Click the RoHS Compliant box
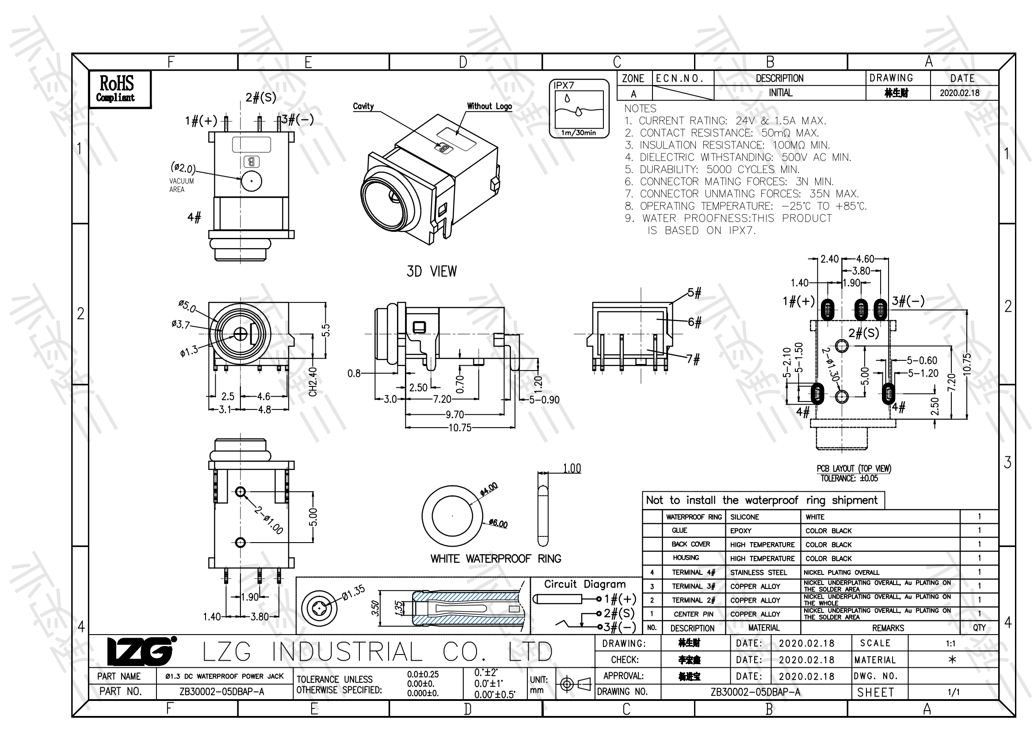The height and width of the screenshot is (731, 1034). pyautogui.click(x=119, y=89)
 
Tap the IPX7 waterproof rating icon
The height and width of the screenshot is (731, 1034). pyautogui.click(x=579, y=108)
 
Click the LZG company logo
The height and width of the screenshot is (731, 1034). pyautogui.click(x=141, y=651)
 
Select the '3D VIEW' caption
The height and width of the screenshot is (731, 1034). pyautogui.click(x=431, y=272)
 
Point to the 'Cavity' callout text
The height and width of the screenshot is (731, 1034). pyautogui.click(x=363, y=106)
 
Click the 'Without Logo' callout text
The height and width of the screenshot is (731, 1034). pyautogui.click(x=489, y=106)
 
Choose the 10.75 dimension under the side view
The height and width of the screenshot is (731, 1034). pyautogui.click(x=460, y=428)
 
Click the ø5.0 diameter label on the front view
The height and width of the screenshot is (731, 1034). pyautogui.click(x=187, y=306)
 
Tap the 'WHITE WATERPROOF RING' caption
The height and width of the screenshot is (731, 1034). pyautogui.click(x=496, y=559)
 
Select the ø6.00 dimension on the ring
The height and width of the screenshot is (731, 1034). pyautogui.click(x=499, y=524)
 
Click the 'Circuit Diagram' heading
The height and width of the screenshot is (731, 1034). pyautogui.click(x=584, y=584)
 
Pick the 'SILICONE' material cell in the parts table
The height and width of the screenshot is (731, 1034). pyautogui.click(x=744, y=517)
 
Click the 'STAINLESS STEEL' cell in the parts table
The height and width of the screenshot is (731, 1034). pyautogui.click(x=759, y=572)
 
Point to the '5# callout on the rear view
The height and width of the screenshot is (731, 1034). pyautogui.click(x=694, y=293)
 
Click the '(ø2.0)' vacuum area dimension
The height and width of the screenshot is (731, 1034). pyautogui.click(x=183, y=168)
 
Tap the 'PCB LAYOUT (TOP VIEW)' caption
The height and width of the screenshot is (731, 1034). pyautogui.click(x=853, y=468)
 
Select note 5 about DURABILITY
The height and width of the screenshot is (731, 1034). pyautogui.click(x=712, y=169)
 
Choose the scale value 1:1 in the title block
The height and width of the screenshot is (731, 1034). pyautogui.click(x=950, y=643)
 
